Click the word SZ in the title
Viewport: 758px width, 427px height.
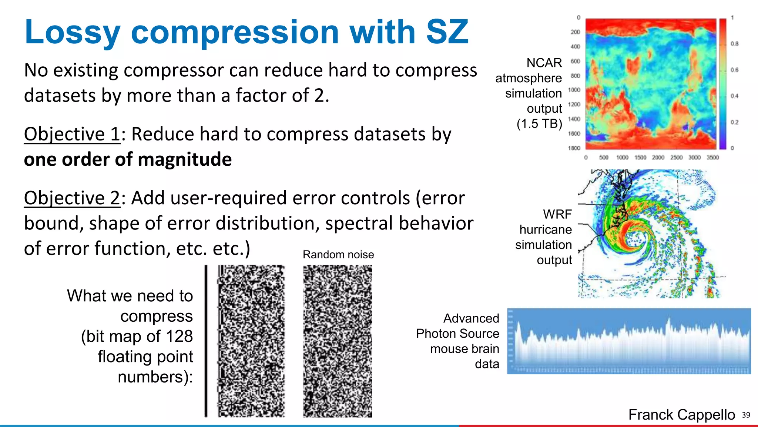click(x=447, y=32)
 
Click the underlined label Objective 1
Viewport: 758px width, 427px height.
click(x=72, y=134)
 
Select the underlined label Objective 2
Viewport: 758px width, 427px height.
click(x=72, y=198)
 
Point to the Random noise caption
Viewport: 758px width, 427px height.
click(x=338, y=255)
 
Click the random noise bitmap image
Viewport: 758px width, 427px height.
click(x=338, y=341)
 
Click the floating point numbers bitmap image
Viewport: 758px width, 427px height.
click(x=251, y=341)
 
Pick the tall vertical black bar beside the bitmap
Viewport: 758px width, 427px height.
click(x=206, y=341)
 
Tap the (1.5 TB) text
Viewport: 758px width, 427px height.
click(x=539, y=123)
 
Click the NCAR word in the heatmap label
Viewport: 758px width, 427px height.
click(x=544, y=63)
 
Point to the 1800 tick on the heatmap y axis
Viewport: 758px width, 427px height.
click(x=574, y=148)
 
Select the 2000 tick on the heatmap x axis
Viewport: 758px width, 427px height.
click(x=658, y=158)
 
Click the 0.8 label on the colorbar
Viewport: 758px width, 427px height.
click(x=734, y=44)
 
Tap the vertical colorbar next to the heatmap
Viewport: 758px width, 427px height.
click(x=722, y=83)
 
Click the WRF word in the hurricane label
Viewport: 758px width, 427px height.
click(x=557, y=214)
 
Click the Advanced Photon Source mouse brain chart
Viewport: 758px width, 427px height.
click(x=628, y=341)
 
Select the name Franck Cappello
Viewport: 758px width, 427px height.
click(x=681, y=415)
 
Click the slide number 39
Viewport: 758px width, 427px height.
click(x=746, y=415)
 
